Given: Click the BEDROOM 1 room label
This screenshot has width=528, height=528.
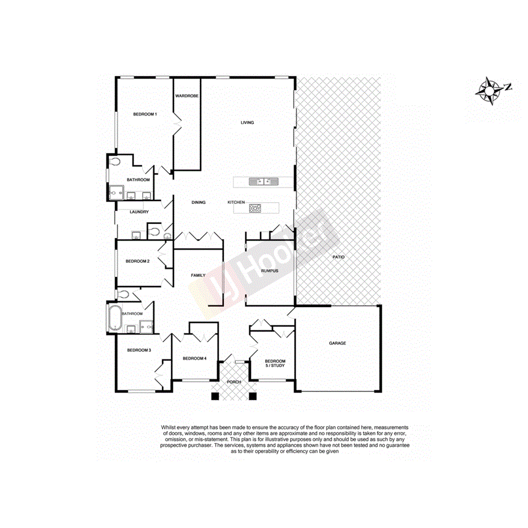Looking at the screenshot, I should pos(144,114).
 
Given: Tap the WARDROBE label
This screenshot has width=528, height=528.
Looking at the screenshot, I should pos(186,96).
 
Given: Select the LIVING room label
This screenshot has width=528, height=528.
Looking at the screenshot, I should pos(247,122).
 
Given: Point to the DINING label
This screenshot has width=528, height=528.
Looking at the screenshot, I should pos(198,202).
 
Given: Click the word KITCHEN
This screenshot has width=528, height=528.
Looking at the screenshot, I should pos(236,202).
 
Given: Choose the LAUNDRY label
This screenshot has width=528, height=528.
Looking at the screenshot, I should pos(139,212).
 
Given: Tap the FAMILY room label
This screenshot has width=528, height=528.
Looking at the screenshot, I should pos(198,275).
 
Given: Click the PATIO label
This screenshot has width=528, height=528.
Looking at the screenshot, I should pos(339,257).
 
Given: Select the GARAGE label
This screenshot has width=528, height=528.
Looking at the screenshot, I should pos(338,343).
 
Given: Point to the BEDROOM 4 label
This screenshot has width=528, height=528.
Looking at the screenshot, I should pos(194,359).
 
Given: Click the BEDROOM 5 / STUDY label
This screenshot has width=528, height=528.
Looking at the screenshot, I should pos(275,363).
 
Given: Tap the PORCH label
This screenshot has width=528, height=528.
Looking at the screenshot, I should pos(233,382).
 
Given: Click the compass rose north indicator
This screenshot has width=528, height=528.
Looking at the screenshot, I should pos(489,90).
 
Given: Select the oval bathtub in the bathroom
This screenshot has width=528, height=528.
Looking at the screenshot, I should pos(114,318).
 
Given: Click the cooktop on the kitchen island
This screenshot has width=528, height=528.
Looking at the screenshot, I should pos(255,208).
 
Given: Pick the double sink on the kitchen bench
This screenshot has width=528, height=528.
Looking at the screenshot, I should pos(264,181).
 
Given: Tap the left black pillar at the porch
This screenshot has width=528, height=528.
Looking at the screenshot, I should pos(215,396).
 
